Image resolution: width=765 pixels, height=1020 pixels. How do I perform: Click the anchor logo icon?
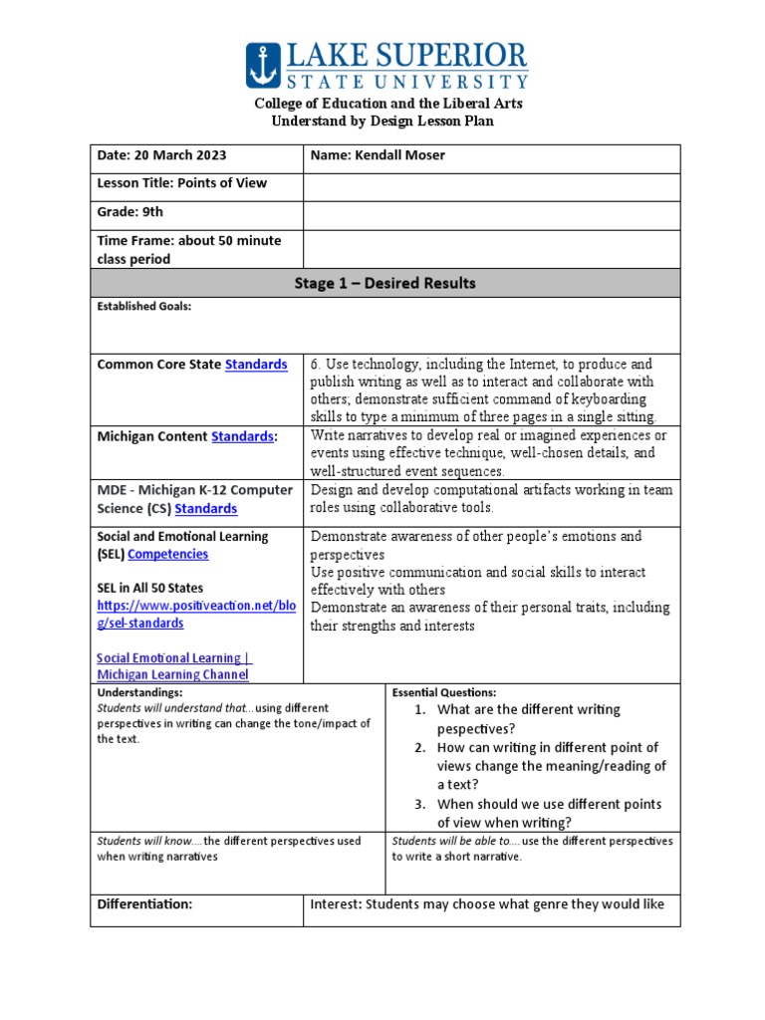coord(264,66)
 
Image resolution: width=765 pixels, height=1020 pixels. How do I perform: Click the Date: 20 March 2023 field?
coord(161,155)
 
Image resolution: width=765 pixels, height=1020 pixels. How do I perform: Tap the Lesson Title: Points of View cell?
coord(182,183)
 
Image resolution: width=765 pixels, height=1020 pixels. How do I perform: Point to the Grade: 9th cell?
coord(130,212)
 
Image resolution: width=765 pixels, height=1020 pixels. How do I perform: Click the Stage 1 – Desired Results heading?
coord(384,284)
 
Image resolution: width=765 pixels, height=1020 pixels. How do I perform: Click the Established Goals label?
coord(143,307)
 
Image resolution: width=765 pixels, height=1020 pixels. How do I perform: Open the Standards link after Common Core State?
coord(256,365)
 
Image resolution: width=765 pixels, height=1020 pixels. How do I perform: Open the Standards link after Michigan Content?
coord(242,436)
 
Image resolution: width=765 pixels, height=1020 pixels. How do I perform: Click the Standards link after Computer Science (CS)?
coord(206,509)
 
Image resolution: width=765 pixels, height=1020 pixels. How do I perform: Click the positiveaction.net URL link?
coord(196,615)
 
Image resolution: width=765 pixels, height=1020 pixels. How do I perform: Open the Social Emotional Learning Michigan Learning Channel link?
coord(174,666)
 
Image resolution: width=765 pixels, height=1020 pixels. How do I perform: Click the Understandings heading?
coord(139,691)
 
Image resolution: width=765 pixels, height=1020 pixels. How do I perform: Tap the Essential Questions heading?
coord(444,692)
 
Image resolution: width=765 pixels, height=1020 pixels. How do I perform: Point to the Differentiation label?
coord(143,904)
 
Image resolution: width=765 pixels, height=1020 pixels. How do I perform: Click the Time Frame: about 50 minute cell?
coord(189,249)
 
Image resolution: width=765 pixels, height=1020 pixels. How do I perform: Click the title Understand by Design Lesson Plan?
coord(383,122)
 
